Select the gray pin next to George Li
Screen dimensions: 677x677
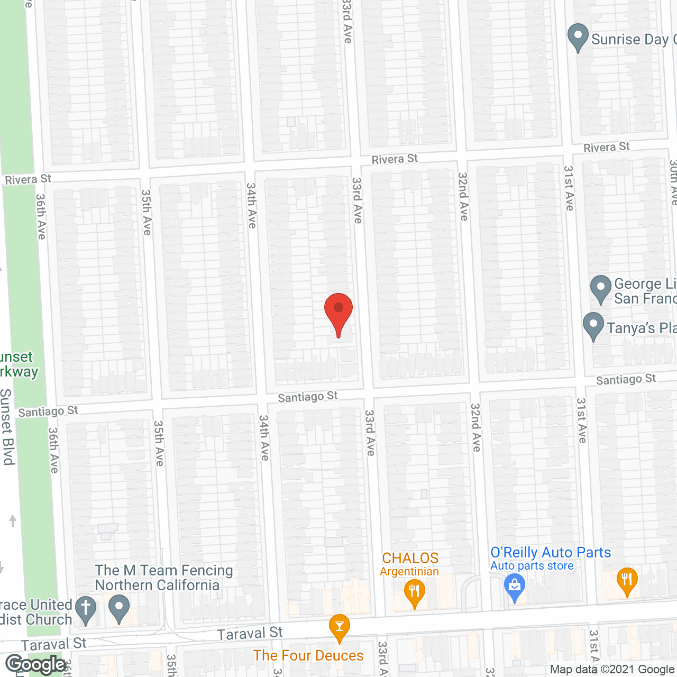[x=600, y=288]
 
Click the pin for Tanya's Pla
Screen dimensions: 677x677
[x=593, y=325]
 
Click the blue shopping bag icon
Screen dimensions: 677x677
[x=514, y=586]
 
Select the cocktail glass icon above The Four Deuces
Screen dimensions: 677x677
[x=339, y=627]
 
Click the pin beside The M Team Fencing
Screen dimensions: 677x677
[x=119, y=608]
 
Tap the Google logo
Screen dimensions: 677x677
[x=35, y=664]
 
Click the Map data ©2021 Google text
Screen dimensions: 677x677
[x=612, y=670]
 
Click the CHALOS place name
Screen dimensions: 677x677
[x=410, y=558]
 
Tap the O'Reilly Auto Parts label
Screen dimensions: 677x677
[x=551, y=552]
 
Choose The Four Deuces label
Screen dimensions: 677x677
[x=308, y=655]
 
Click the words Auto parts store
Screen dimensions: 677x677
[x=532, y=566]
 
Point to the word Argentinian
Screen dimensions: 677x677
[x=409, y=572]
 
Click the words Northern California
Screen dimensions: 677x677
[x=157, y=585]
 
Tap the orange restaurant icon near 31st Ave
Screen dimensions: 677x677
[x=627, y=580]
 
